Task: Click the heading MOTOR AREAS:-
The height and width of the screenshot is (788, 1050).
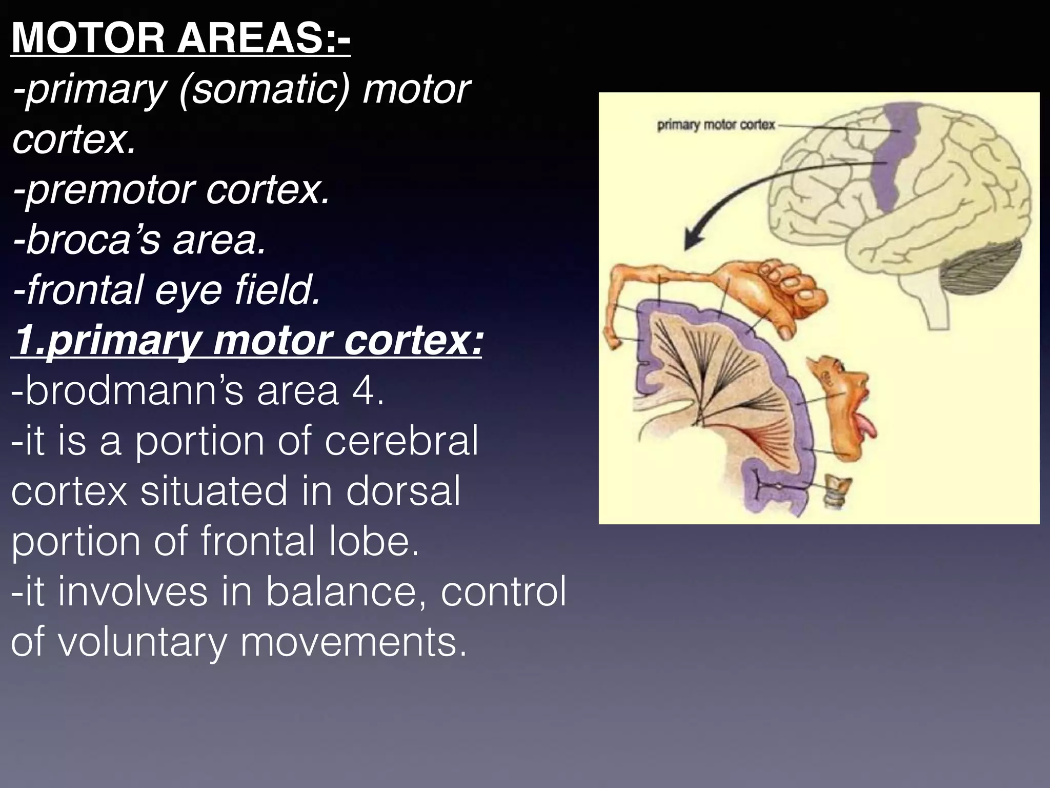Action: click(x=180, y=39)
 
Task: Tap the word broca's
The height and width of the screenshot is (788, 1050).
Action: click(x=86, y=240)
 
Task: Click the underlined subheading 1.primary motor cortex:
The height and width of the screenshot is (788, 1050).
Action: click(x=247, y=341)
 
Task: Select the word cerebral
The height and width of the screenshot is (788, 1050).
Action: click(x=401, y=441)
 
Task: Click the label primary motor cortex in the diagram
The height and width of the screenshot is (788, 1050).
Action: click(x=716, y=125)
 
